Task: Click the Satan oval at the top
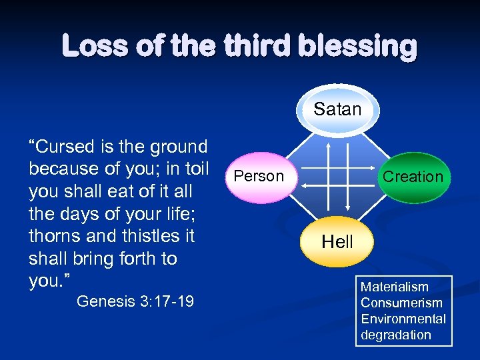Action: click(337, 109)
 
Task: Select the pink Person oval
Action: click(259, 176)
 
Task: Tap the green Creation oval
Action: click(413, 177)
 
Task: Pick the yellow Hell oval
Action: click(337, 242)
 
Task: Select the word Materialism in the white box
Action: click(395, 287)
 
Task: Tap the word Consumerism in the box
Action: click(401, 303)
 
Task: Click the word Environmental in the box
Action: click(403, 319)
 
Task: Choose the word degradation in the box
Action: click(396, 335)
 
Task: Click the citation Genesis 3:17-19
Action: click(135, 302)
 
